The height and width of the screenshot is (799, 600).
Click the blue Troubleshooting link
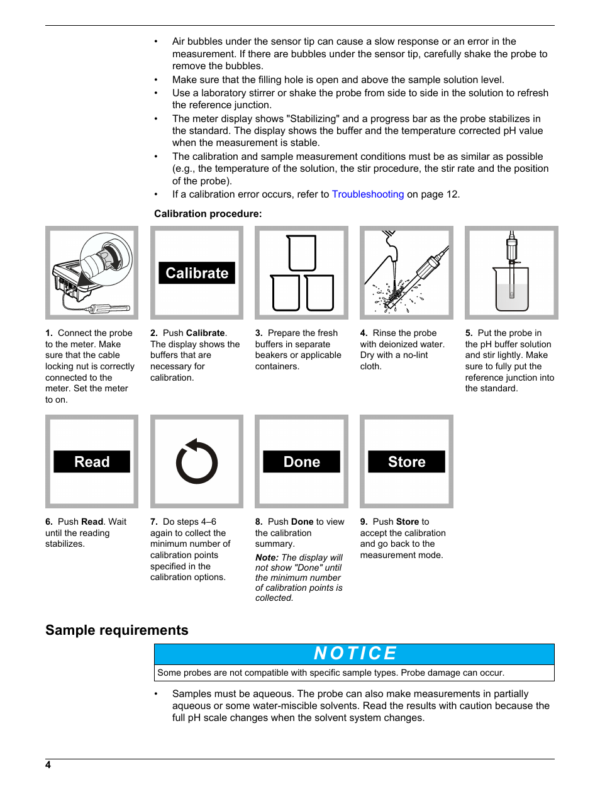point(368,194)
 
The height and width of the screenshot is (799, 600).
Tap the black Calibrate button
point(197,273)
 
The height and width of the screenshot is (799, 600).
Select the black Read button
point(92,462)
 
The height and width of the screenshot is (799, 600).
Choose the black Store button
point(406,462)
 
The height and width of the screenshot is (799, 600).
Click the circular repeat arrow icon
point(197,462)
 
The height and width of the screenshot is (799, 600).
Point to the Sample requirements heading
point(117,630)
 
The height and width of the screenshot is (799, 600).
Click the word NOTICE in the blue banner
point(355,654)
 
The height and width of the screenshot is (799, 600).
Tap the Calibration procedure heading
point(208,214)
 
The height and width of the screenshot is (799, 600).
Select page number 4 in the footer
point(48,765)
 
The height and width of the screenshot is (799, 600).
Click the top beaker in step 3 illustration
point(302,253)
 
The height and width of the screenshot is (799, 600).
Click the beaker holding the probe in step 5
point(511,289)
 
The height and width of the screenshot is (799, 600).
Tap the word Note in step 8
point(266,557)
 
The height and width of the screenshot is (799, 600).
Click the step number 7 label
point(153,522)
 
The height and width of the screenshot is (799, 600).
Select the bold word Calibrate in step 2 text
point(206,333)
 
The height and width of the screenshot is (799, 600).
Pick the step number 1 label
point(48,333)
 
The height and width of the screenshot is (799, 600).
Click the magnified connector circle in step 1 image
point(107,259)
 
